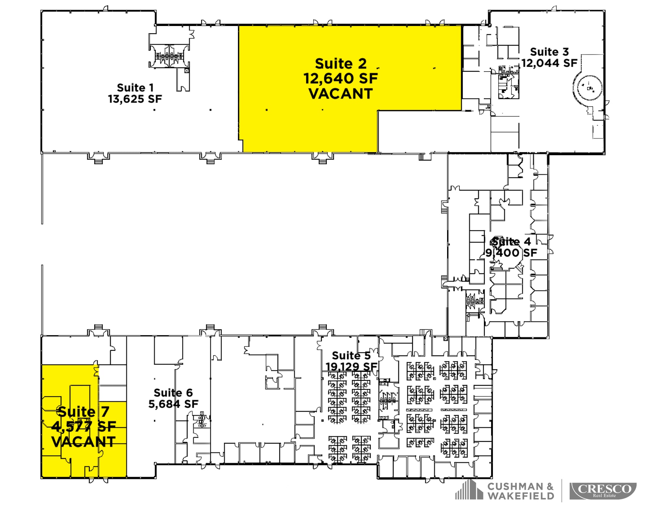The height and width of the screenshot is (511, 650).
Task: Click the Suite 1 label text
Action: coord(135,88)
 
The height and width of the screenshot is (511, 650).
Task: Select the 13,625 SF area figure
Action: coord(135,99)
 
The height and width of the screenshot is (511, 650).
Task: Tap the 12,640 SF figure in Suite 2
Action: coord(340,78)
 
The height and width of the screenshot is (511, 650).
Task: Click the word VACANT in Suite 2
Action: coord(340,94)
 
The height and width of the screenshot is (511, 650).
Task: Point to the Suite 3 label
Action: coord(549,52)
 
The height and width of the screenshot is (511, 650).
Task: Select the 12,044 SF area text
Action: coord(549,63)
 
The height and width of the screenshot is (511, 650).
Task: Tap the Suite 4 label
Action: coord(511,241)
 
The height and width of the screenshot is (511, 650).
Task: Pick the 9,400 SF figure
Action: coord(511,253)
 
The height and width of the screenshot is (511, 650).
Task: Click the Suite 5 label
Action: coord(351,355)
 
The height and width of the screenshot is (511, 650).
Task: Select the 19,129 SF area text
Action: coord(351,367)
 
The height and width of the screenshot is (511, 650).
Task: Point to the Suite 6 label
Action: coord(173,393)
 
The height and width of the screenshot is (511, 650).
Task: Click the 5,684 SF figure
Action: coord(173,404)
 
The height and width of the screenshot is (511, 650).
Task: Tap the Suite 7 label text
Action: coord(83,411)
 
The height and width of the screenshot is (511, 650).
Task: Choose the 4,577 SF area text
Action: coord(83,427)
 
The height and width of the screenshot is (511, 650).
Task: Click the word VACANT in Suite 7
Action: coord(83,442)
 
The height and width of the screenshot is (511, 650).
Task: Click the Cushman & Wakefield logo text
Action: coord(520,491)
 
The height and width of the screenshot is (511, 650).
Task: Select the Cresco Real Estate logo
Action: coord(603,491)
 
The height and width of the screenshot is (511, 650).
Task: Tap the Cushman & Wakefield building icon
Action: coord(468,490)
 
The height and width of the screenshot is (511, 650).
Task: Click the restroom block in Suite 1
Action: coord(169,56)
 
